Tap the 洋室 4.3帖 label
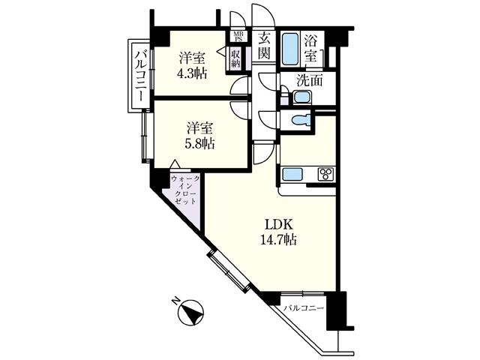[192, 66]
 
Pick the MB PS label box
[237, 37]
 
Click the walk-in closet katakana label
[184, 190]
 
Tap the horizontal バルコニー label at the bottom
[303, 308]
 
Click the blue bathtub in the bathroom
[289, 49]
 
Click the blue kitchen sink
[290, 175]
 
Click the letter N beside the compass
[175, 301]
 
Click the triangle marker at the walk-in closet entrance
[173, 165]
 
